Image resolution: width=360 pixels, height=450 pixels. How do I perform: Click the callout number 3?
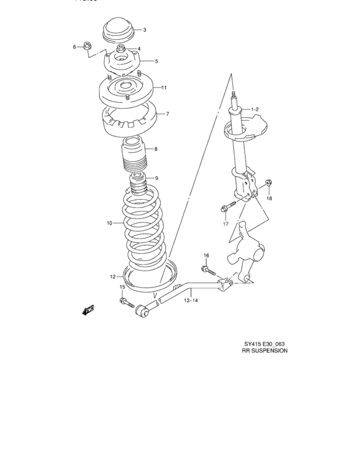click(144, 30)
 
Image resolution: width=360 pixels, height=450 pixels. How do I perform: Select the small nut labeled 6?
click(89, 46)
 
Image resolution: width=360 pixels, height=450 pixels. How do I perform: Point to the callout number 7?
click(167, 114)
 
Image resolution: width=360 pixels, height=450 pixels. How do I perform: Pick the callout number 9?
click(156, 178)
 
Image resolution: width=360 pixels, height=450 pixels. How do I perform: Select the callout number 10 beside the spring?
click(110, 223)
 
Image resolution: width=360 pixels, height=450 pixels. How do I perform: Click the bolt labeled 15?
click(123, 301)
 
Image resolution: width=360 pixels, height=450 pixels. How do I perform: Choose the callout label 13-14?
click(190, 300)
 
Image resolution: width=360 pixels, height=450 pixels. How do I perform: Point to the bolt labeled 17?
click(224, 208)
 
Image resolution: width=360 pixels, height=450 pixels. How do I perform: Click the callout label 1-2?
click(255, 110)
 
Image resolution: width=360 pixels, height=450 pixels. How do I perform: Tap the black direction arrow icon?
click(88, 310)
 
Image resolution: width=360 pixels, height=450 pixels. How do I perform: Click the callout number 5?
click(156, 61)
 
